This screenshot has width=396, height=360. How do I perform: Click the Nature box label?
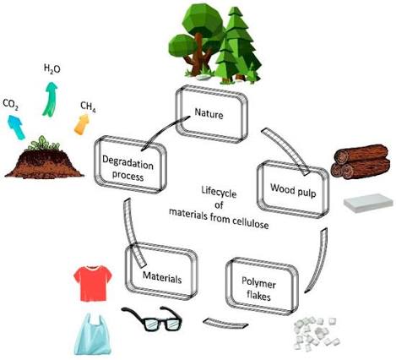tap(209, 114)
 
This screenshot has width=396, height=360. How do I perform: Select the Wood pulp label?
tap(293, 190)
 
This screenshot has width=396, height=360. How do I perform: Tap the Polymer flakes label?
tap(258, 289)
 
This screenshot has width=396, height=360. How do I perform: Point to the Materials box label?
tap(162, 277)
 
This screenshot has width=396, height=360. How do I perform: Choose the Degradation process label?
tap(127, 168)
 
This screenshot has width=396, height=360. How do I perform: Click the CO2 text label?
tap(11, 104)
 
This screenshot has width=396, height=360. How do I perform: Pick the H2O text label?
tap(52, 68)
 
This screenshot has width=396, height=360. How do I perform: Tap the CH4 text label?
tap(88, 106)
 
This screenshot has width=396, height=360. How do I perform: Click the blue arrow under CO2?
tap(16, 128)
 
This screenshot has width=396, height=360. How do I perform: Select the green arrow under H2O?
tap(50, 99)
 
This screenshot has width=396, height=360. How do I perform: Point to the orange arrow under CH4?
tap(82, 124)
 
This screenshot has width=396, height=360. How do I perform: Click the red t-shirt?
tap(93, 283)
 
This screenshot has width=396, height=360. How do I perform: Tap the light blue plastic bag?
tap(93, 335)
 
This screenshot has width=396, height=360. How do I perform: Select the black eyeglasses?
tap(152, 319)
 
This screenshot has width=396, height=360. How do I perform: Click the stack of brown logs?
tap(361, 162)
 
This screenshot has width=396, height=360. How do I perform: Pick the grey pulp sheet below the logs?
tap(368, 203)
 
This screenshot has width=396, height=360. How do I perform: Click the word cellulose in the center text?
tap(250, 222)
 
